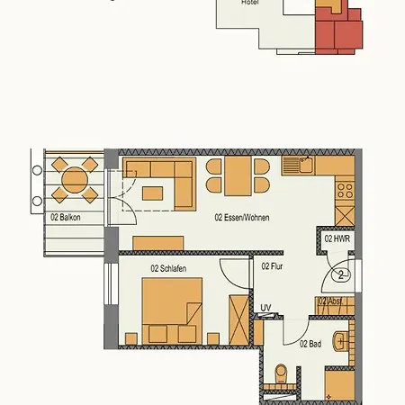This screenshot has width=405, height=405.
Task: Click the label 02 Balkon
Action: pos(65,217)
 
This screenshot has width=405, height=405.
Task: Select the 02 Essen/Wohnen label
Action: pos(241,218)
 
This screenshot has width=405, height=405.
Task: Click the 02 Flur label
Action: pos(272,266)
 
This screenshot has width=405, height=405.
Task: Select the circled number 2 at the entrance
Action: pos(340,275)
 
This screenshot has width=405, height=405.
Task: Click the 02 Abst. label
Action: pos(329,301)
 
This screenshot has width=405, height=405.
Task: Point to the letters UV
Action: pos(265,308)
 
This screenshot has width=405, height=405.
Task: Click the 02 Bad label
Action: pos(310,344)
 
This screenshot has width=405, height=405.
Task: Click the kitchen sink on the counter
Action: pos(298,165)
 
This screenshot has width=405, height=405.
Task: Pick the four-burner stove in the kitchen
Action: pos(345,190)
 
